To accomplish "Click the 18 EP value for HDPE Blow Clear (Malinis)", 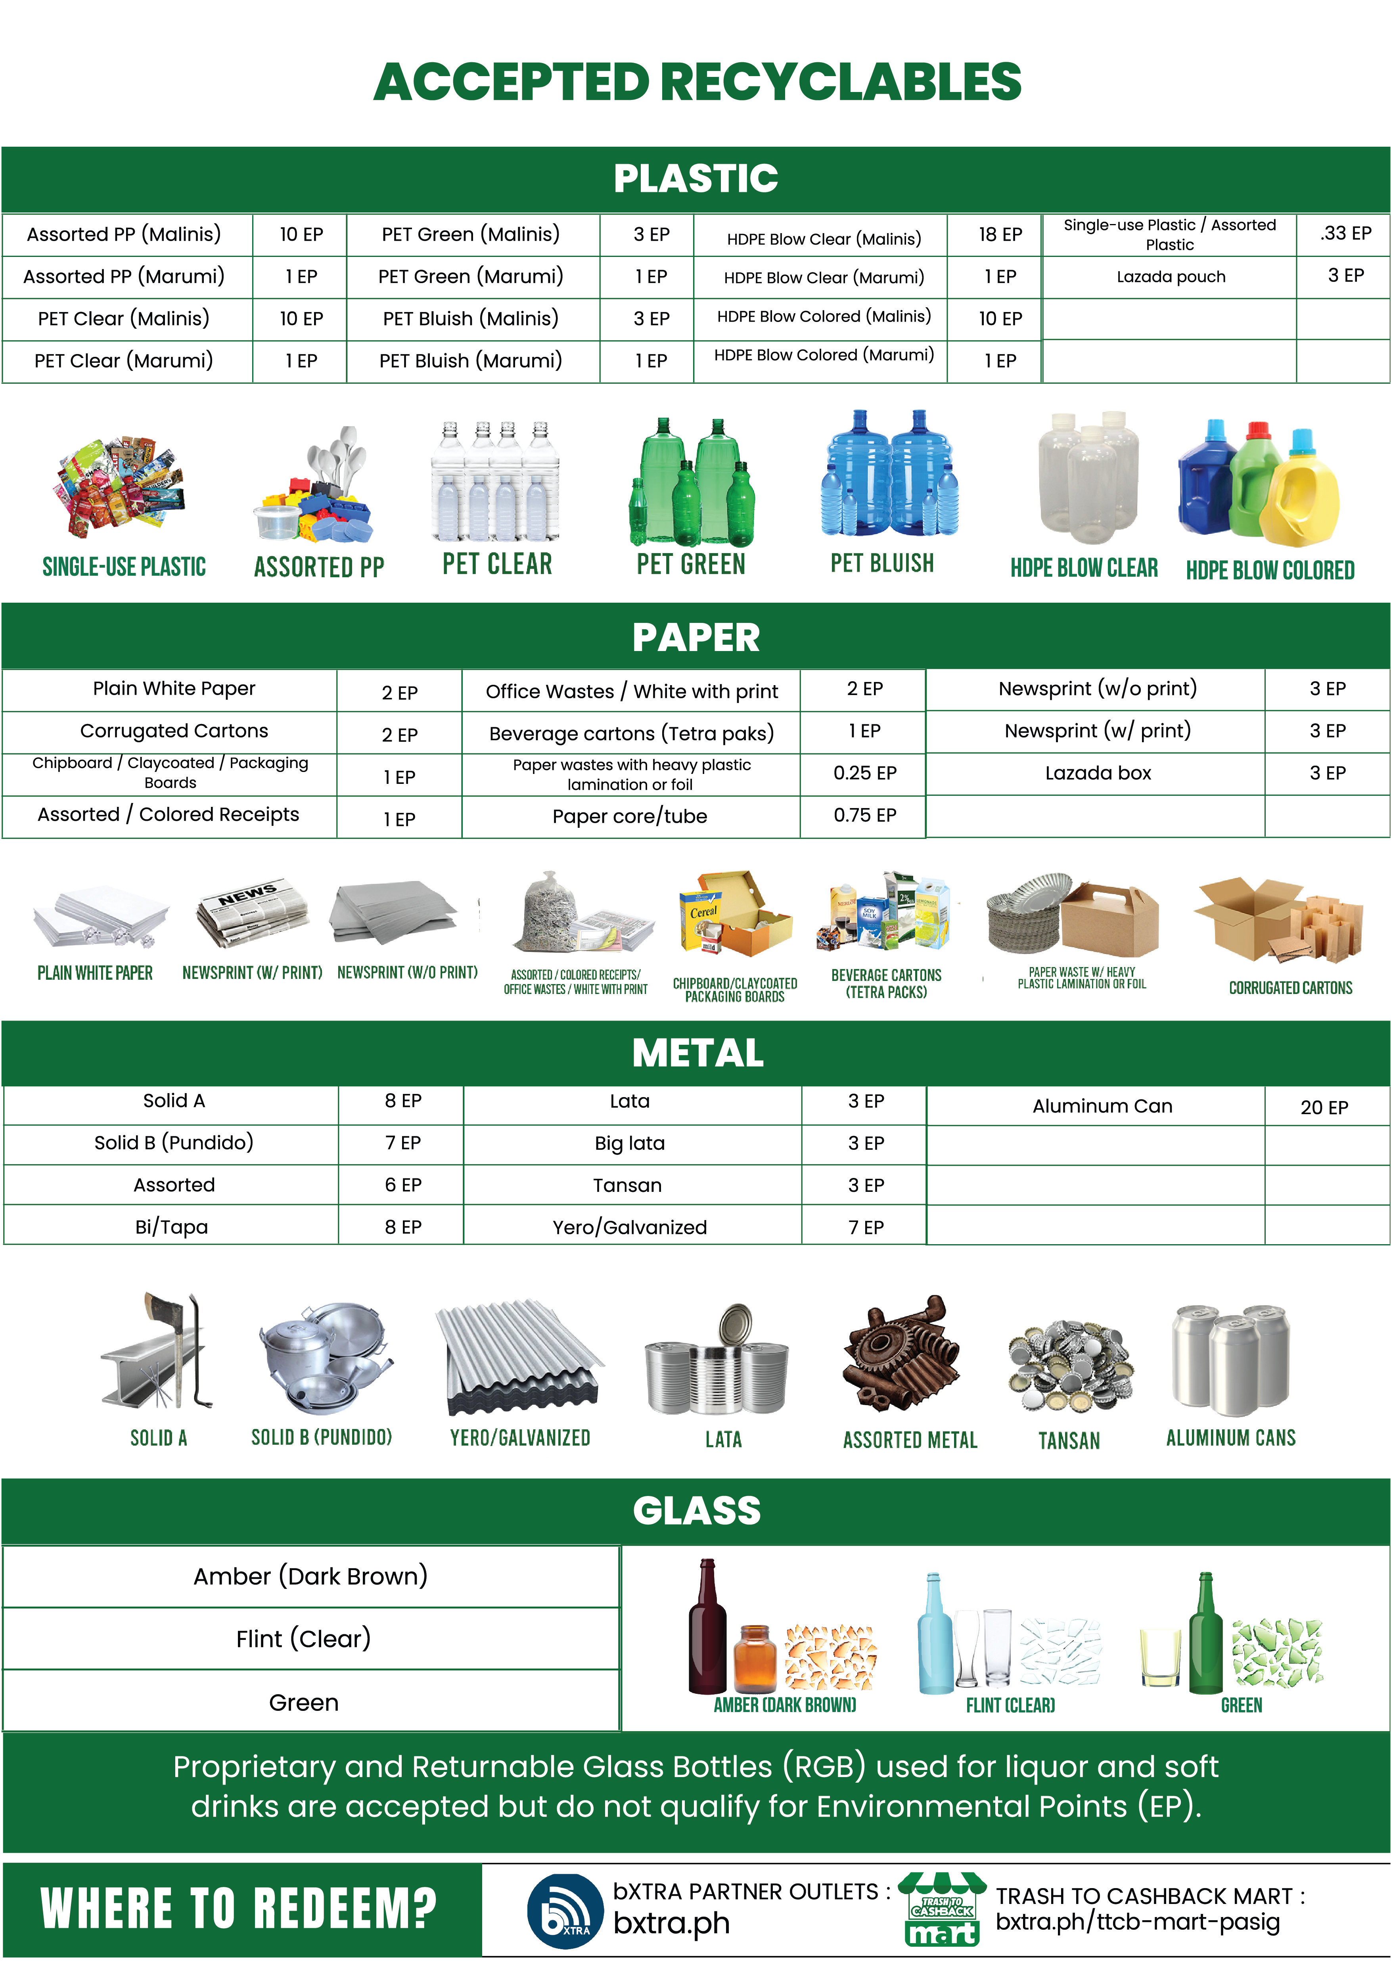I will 1000,235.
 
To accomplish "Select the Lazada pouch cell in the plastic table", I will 1170,277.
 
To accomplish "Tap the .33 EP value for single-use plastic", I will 1345,233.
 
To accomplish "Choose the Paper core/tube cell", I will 630,816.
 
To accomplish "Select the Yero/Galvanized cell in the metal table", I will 630,1227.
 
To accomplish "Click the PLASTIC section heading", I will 695,178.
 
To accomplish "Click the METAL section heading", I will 697,1053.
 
